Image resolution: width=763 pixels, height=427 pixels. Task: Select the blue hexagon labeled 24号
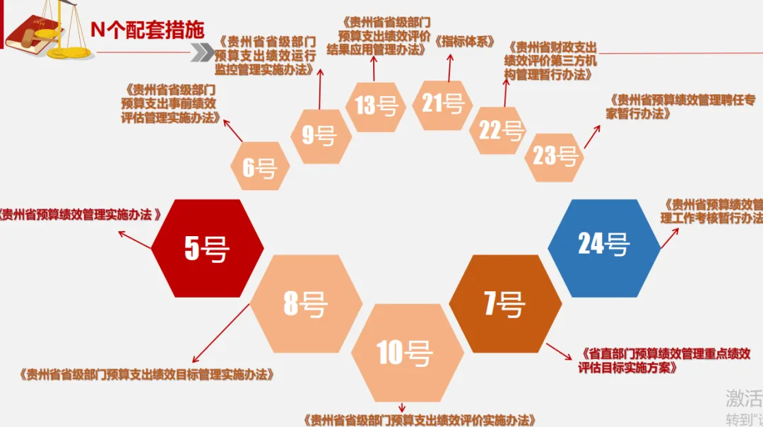click(603, 243)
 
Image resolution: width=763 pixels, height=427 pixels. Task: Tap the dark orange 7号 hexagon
click(504, 304)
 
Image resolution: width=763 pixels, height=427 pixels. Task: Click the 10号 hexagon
click(404, 353)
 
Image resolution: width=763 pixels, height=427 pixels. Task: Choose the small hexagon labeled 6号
click(259, 167)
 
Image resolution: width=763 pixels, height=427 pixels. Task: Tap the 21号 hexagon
click(442, 105)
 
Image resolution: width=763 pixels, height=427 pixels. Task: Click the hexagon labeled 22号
click(500, 130)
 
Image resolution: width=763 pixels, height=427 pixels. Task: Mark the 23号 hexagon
click(555, 155)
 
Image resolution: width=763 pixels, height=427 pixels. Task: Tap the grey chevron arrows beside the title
click(202, 52)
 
